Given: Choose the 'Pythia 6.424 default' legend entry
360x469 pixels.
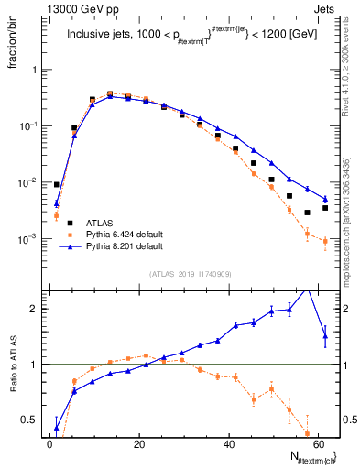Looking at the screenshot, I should tap(120, 234).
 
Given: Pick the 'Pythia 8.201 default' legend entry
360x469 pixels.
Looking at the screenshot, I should tap(120, 246).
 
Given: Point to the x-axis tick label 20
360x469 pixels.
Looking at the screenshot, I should tap(139, 443).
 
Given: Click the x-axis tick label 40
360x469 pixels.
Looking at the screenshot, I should tap(229, 443).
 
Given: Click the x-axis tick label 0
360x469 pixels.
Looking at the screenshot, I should tap(50, 443).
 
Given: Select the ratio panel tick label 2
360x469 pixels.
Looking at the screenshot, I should tap(35, 309).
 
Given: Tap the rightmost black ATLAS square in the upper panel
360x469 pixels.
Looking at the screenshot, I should tap(325, 208).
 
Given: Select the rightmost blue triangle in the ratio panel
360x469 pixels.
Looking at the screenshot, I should tap(325, 336).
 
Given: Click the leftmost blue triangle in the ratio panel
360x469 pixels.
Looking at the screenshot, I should tap(57, 428).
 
